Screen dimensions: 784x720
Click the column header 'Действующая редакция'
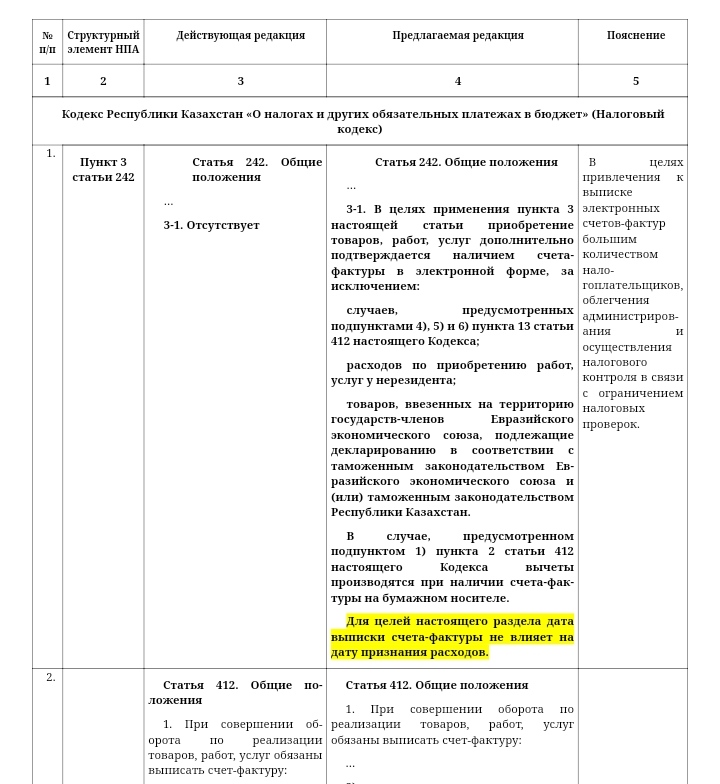[240, 36]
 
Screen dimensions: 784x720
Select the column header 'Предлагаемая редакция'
[457, 36]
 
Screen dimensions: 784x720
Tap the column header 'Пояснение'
[635, 36]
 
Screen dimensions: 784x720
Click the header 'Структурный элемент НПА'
[103, 42]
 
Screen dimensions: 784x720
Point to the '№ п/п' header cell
[47, 42]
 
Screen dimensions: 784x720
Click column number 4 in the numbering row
[458, 82]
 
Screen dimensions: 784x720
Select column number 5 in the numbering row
[635, 82]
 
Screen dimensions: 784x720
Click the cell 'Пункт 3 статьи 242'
[103, 170]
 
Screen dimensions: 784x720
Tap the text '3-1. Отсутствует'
[211, 226]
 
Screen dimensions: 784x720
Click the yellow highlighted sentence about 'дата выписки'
[452, 637]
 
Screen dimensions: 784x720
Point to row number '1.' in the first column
[50, 154]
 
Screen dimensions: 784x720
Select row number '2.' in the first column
[50, 678]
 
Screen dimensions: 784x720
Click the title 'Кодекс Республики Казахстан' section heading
[362, 121]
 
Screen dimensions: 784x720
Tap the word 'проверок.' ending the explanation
[611, 425]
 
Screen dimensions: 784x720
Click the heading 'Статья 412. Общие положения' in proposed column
[437, 686]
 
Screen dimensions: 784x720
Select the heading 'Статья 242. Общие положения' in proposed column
[466, 163]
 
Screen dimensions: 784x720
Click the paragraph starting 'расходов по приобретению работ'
[452, 373]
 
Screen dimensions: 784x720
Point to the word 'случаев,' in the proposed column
[372, 311]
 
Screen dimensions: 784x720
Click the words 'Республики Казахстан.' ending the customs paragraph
[400, 513]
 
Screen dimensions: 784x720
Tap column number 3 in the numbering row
[240, 82]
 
